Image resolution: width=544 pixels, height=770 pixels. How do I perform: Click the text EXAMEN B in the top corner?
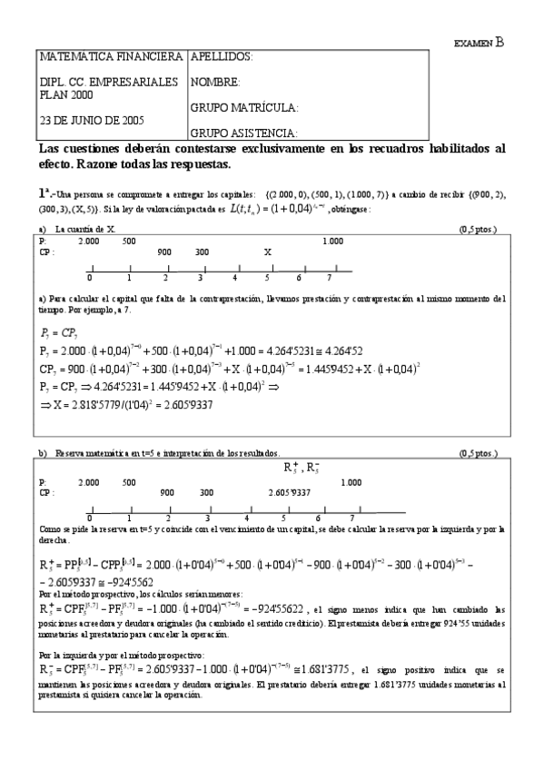tap(479, 41)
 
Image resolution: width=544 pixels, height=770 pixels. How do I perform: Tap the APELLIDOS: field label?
tap(221, 57)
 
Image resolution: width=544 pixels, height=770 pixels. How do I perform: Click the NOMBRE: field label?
tap(215, 83)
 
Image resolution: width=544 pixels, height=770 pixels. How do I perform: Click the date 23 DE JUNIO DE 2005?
tap(92, 120)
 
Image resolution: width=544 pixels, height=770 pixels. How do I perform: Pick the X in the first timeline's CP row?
tap(267, 252)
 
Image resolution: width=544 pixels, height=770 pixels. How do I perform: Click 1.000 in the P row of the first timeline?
tap(332, 241)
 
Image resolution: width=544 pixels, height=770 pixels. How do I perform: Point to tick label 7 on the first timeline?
tap(330, 278)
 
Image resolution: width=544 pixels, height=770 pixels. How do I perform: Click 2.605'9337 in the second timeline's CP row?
tap(290, 492)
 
